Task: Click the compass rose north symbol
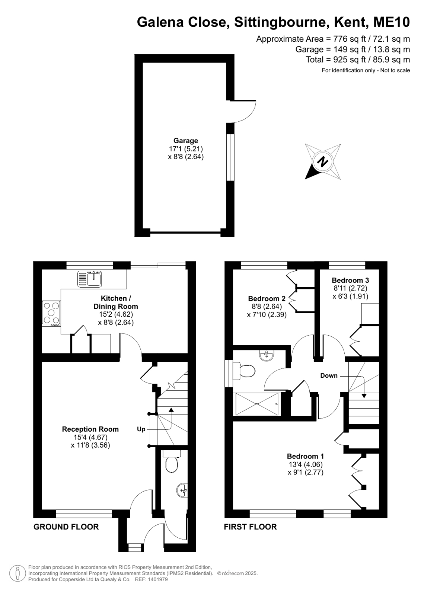click(323, 161)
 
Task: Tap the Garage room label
click(186, 141)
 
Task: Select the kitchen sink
click(89, 279)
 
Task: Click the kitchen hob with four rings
click(51, 314)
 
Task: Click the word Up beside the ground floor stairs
click(141, 429)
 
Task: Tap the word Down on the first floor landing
click(329, 375)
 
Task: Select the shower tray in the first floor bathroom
click(257, 404)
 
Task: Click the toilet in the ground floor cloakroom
click(171, 461)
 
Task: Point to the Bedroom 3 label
click(350, 280)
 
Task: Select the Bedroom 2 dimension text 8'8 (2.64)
click(267, 306)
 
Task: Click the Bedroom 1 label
click(305, 456)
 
